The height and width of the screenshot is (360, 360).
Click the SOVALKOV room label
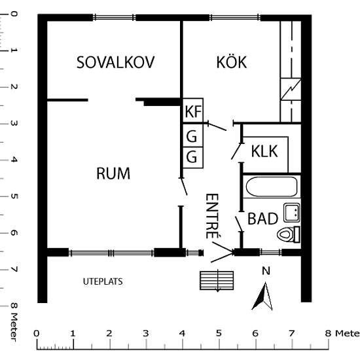[115, 63]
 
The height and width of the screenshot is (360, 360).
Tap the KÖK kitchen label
[231, 63]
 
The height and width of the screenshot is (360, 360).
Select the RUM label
[113, 173]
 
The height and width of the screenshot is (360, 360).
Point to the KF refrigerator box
[192, 112]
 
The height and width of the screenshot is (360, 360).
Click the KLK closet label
[264, 151]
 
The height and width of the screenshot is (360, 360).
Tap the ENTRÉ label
[211, 215]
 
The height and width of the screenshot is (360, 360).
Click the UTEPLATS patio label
[103, 281]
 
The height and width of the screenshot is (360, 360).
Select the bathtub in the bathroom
[272, 187]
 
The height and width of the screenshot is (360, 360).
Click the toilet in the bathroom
[289, 234]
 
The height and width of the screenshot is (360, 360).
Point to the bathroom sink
[291, 212]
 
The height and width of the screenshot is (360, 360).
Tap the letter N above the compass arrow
[265, 271]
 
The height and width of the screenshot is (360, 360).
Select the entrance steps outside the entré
[217, 280]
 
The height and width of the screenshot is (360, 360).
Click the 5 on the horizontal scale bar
[218, 333]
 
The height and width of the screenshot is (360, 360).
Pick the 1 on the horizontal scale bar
[72, 333]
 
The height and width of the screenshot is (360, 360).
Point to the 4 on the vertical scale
[14, 159]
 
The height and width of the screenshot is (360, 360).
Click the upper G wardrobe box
[192, 137]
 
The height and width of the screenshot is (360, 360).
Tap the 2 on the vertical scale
[14, 86]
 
